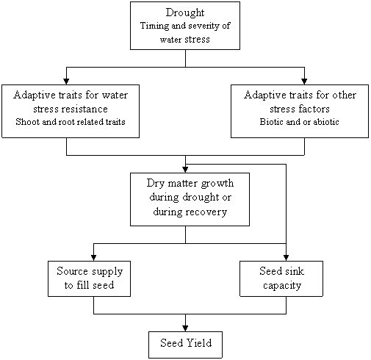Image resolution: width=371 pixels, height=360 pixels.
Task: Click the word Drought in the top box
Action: [x=185, y=12]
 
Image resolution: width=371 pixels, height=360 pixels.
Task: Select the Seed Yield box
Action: [x=185, y=345]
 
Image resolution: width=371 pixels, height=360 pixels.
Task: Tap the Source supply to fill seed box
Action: [x=89, y=278]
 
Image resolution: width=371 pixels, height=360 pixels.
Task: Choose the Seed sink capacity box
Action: [x=281, y=278]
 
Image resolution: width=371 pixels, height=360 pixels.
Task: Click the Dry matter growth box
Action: [x=190, y=199]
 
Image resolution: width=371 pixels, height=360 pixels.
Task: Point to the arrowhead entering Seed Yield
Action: [x=185, y=328]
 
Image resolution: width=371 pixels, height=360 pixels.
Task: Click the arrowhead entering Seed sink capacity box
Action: [x=286, y=258]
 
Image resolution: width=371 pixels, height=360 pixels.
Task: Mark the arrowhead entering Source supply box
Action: [x=93, y=258]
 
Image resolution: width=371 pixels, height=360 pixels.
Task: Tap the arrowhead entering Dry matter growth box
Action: [x=185, y=170]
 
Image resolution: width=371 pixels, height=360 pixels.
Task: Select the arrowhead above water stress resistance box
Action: [x=66, y=82]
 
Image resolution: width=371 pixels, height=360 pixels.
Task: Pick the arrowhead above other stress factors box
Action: [x=304, y=82]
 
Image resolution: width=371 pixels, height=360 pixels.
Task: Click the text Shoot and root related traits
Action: [x=71, y=122]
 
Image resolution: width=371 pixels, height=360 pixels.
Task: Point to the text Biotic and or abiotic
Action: [x=299, y=122]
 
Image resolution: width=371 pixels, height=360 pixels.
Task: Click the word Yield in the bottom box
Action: [x=199, y=343]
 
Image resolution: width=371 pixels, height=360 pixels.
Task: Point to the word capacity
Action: [x=282, y=286]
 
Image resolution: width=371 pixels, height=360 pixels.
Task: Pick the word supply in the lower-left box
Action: [x=107, y=272]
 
